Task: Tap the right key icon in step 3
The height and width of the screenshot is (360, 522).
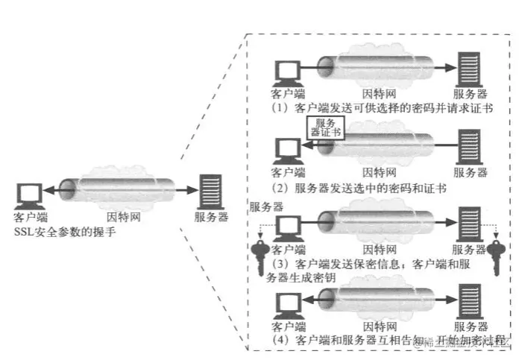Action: click(494, 253)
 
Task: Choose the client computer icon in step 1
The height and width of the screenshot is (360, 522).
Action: click(287, 72)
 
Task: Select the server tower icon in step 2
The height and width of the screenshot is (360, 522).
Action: click(468, 148)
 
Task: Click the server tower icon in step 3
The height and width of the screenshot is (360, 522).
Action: click(468, 224)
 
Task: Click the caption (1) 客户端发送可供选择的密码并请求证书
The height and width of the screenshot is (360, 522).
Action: click(380, 108)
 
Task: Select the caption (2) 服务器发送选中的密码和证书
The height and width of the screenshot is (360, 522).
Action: click(358, 187)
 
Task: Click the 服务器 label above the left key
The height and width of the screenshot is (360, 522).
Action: click(265, 206)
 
